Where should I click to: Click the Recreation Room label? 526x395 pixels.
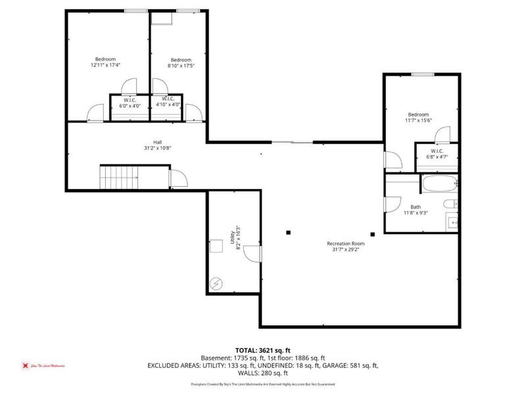pyautogui.click(x=345, y=244)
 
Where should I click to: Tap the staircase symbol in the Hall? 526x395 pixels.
pyautogui.click(x=116, y=176)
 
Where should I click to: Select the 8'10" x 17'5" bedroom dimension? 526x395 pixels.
pyautogui.click(x=181, y=65)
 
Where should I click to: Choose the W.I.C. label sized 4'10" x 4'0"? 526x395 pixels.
pyautogui.click(x=168, y=105)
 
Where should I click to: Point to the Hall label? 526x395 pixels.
pyautogui.click(x=158, y=142)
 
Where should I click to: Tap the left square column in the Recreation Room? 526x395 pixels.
pyautogui.click(x=288, y=231)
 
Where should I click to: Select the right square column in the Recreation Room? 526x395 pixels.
pyautogui.click(x=372, y=233)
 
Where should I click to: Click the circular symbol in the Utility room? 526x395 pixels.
pyautogui.click(x=217, y=284)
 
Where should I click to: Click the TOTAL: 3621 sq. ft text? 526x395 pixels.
pyautogui.click(x=262, y=350)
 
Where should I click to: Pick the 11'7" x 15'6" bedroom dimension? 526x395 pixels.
pyautogui.click(x=419, y=120)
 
